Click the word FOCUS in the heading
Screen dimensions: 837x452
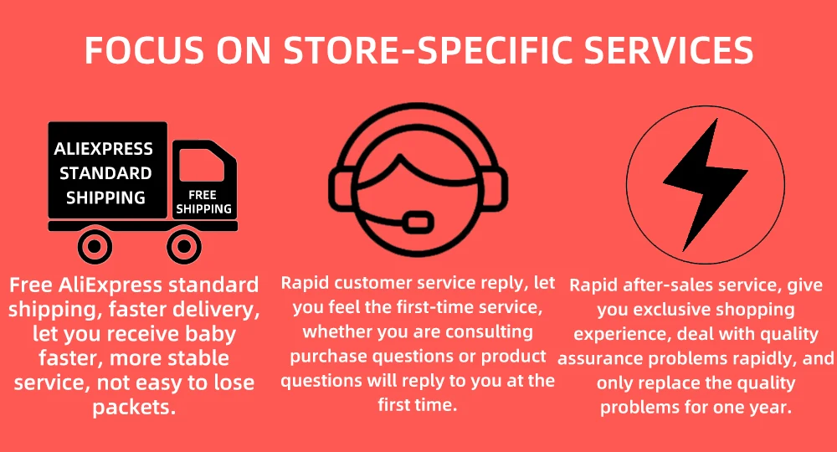click(144, 51)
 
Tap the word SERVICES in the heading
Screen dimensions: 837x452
click(668, 51)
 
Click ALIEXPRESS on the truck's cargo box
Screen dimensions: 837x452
click(104, 149)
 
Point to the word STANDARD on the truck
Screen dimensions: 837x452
click(105, 173)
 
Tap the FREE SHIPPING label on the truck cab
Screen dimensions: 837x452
click(204, 203)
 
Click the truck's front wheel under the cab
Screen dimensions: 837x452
click(183, 247)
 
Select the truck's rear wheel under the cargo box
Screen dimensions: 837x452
click(95, 247)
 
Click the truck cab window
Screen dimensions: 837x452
click(201, 165)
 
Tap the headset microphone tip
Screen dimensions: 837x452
click(418, 221)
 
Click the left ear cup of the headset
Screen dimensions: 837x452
click(341, 190)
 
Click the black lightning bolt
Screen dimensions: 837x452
click(705, 184)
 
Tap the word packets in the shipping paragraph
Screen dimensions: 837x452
click(134, 408)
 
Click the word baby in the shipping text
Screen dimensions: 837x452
click(210, 335)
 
